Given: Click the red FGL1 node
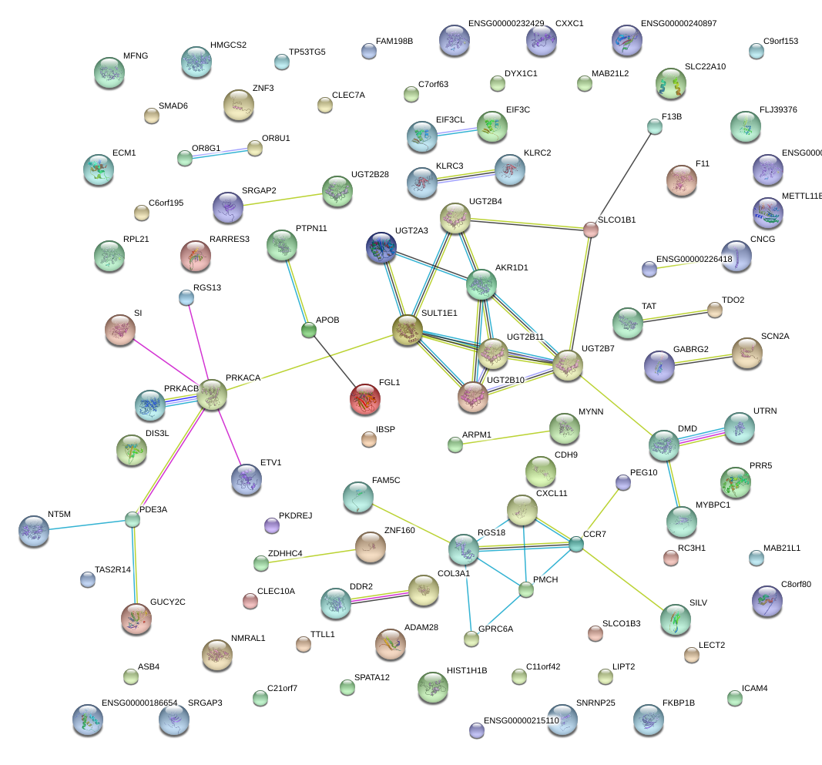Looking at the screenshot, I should tap(364, 398).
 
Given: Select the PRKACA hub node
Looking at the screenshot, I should tap(213, 394).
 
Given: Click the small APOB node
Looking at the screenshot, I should tap(309, 330).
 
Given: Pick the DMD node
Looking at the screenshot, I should tap(663, 444).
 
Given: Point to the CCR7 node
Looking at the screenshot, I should tap(576, 545).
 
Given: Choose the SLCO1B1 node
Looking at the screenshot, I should tap(590, 229).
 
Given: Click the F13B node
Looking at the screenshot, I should tap(654, 127).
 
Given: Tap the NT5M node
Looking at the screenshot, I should tap(34, 530).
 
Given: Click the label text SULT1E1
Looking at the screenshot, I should tap(439, 314).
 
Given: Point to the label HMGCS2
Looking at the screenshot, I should tap(228, 45).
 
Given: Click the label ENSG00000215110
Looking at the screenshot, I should tap(521, 721).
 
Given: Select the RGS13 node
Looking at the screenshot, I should tap(186, 297).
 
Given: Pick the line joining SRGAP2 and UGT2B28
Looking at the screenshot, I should tap(282, 200).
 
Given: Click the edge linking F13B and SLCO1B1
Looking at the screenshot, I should tap(622, 177).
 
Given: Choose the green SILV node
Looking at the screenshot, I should tap(676, 619).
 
